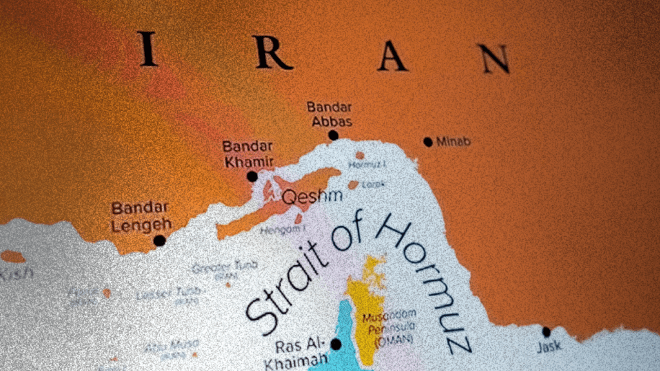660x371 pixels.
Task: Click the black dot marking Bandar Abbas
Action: (333, 135)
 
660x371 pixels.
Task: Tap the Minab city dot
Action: (428, 142)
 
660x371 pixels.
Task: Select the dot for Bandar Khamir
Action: (252, 176)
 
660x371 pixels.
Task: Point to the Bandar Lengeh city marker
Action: (159, 240)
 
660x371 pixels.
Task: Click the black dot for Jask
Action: (547, 332)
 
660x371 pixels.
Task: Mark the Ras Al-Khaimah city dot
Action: (336, 344)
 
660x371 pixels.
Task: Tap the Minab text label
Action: (453, 142)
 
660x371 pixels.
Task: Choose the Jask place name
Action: (548, 347)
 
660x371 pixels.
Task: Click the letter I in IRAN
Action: (148, 50)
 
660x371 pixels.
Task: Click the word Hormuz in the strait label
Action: (425, 283)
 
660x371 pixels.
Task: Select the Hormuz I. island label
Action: (367, 165)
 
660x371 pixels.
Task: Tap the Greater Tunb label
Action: (225, 265)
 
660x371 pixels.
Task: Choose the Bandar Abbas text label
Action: (329, 114)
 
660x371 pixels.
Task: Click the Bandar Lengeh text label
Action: (141, 216)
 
